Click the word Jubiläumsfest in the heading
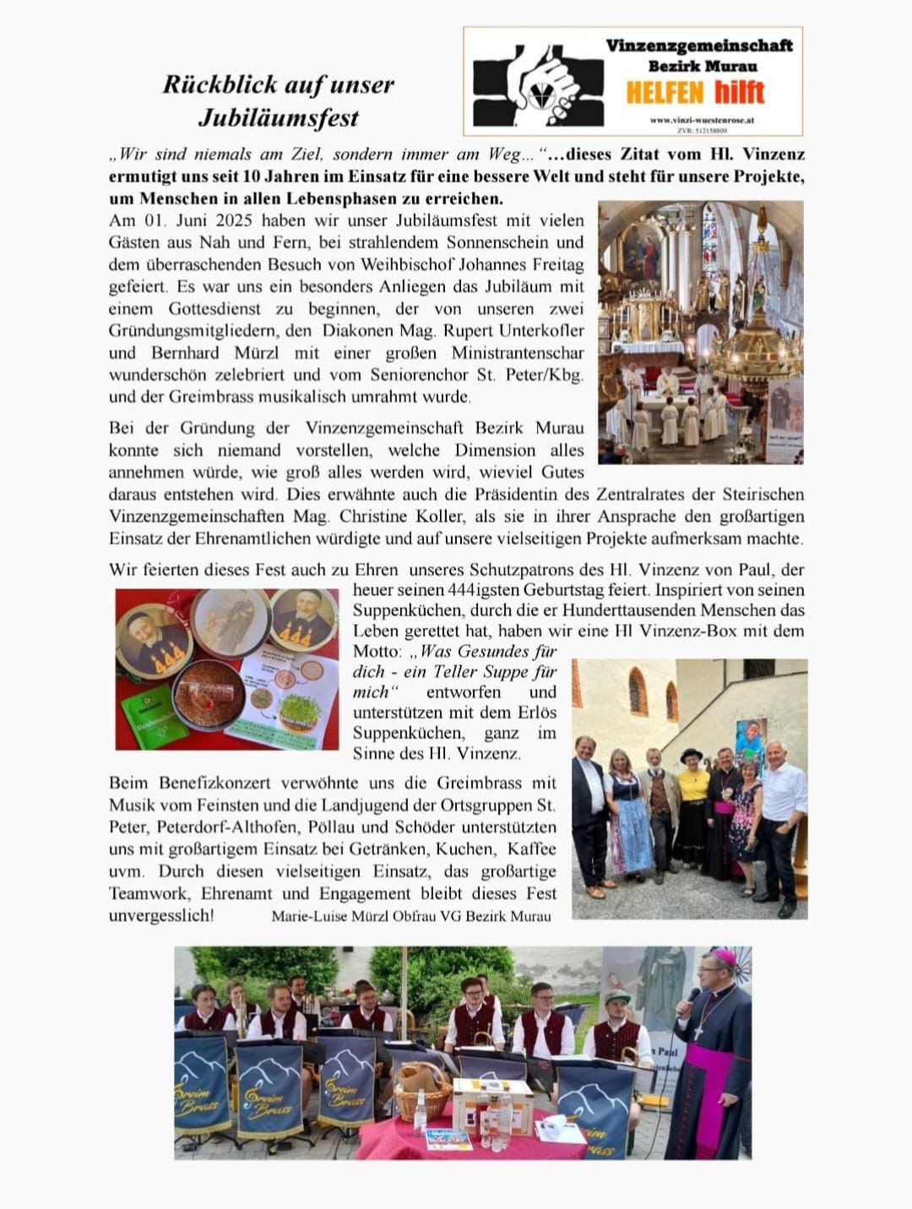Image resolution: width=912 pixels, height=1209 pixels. (279, 117)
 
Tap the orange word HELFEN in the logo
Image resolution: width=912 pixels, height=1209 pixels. (665, 92)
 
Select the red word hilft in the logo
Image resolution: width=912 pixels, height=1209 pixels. (739, 92)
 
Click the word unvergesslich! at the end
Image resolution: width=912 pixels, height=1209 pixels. (160, 916)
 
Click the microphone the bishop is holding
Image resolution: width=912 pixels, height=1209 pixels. (692, 996)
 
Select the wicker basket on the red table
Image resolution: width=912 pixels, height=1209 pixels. (423, 1090)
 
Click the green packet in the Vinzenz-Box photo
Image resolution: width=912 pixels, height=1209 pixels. (155, 713)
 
